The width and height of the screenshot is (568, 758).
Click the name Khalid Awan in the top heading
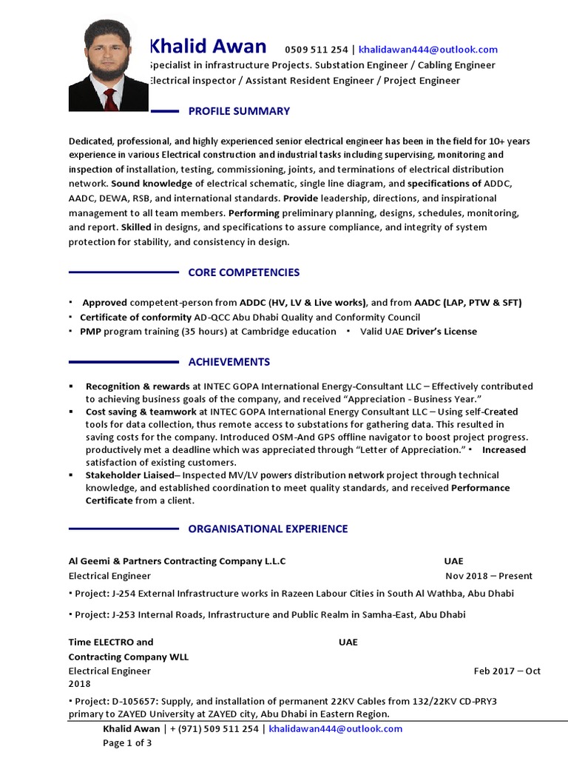pos(208,47)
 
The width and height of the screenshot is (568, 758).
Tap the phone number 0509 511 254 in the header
pos(317,50)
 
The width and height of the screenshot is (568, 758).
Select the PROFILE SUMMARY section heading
pos(239,111)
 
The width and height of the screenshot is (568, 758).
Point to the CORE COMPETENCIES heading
pos(243,272)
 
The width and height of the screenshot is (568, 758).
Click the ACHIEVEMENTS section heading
pos(229,362)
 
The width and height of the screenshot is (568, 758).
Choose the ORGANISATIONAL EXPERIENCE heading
pos(268,529)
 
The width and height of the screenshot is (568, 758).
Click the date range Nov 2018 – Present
pos(488,576)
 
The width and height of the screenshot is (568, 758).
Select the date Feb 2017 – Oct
pos(507,671)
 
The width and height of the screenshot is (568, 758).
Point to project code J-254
pos(124,594)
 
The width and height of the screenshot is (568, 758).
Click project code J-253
pos(124,614)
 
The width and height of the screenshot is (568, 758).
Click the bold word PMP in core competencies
pos(90,332)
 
